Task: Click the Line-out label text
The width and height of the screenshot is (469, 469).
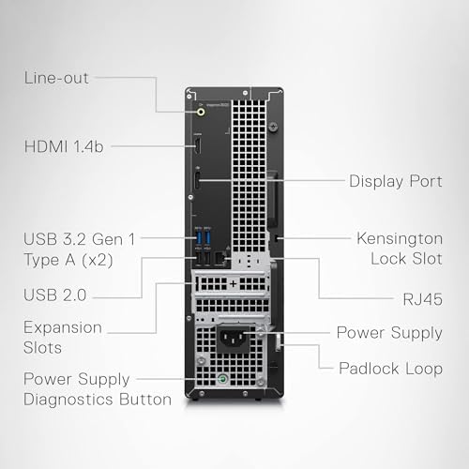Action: pos(56,78)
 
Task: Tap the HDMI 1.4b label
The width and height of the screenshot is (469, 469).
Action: pos(64,146)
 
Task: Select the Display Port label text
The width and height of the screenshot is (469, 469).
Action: pos(396,182)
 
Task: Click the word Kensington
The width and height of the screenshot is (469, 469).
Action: pos(400,239)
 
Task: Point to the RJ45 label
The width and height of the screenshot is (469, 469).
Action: pos(422,299)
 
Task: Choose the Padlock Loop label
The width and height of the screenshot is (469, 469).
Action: pos(390,369)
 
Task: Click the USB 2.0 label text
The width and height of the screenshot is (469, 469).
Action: pos(55,295)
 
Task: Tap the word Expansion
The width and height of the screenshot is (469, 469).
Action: pos(63,328)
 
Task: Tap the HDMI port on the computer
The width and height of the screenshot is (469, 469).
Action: pos(197,145)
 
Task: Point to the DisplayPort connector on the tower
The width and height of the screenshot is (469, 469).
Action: pos(197,180)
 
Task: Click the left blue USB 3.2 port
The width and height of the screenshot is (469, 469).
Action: pos(198,237)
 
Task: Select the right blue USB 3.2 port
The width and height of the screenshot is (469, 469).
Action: pos(207,237)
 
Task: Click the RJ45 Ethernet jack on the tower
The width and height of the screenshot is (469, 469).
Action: pos(219,258)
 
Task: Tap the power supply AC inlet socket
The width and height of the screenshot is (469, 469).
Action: pos(233,338)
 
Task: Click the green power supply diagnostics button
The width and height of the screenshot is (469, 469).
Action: pos(222,380)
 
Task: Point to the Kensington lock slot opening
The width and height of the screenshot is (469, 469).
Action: pos(276,238)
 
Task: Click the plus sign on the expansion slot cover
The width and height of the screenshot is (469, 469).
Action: pos(234,284)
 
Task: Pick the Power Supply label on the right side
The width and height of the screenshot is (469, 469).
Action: pos(389,333)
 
